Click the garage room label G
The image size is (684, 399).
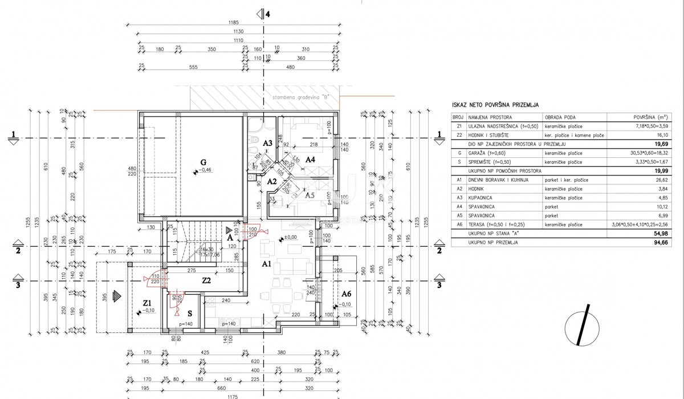[x=202, y=161]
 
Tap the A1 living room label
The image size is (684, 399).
[x=266, y=264]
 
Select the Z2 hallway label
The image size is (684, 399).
[x=207, y=280]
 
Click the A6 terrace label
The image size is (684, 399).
[x=346, y=294]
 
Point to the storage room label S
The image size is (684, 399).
[x=190, y=313]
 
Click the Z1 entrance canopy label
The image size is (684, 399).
[x=147, y=303]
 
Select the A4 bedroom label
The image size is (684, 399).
[x=310, y=160]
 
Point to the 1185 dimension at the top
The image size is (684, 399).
[x=234, y=23]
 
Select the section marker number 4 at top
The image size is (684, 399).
[x=267, y=15]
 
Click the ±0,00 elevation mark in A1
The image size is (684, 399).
[x=291, y=238]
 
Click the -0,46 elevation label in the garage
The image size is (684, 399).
[x=204, y=170]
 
